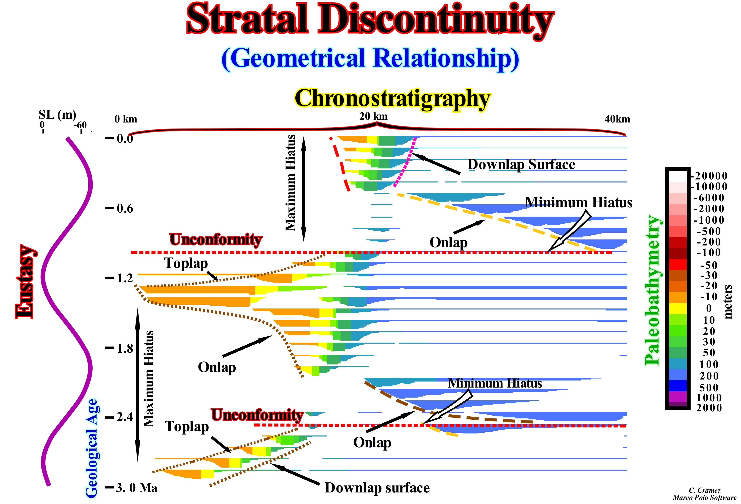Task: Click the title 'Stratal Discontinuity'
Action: click(370, 20)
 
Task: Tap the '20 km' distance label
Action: click(373, 116)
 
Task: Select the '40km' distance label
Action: click(617, 119)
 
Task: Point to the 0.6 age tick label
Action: click(125, 209)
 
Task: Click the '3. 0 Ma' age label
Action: click(137, 488)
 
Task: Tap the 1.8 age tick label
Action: click(125, 348)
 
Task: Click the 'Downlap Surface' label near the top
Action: click(521, 165)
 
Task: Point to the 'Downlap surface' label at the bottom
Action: click(377, 488)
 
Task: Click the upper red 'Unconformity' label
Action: click(216, 239)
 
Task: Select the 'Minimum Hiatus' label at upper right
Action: click(578, 203)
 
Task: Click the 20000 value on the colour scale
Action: click(711, 176)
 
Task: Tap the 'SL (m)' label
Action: click(57, 114)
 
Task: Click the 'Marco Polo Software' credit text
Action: click(704, 498)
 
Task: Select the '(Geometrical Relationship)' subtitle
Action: click(370, 59)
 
